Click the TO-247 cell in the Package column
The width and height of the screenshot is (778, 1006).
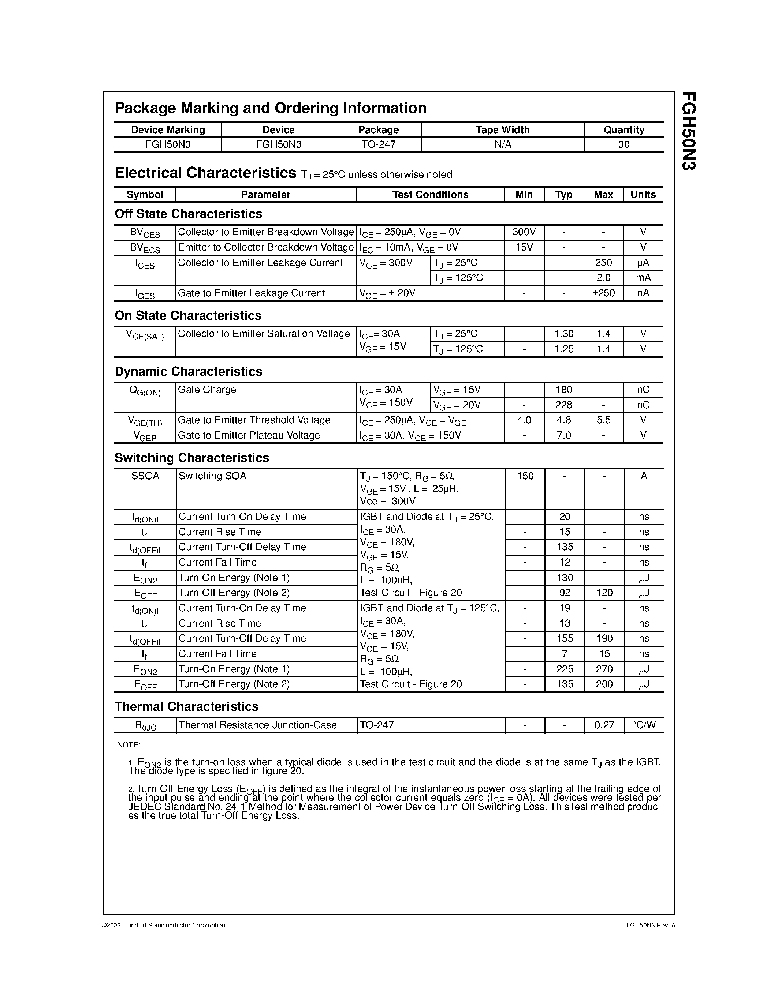pos(379,144)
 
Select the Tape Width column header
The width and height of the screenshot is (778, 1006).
pos(502,130)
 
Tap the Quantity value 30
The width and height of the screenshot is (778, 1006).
pos(623,144)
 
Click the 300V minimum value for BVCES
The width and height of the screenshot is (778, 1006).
pos(524,232)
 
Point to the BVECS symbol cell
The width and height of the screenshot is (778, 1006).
pos(145,248)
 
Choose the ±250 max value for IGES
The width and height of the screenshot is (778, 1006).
pos(603,293)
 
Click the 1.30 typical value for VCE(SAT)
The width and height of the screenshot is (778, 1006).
pos(564,334)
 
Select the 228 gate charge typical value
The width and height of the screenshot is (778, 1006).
pos(564,405)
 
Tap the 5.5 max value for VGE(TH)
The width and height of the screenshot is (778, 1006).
pos(603,420)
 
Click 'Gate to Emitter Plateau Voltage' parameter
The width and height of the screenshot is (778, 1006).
pos(249,435)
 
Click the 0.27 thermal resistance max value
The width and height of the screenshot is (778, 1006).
pos(604,725)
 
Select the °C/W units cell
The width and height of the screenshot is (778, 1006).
pos(643,725)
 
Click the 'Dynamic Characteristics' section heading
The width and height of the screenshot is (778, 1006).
pos(188,372)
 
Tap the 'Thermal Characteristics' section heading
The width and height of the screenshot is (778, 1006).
pos(186,707)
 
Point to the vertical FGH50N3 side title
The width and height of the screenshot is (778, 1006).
pos(689,131)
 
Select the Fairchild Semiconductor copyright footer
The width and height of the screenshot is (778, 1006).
pos(163,925)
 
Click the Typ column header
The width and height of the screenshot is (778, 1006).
pos(564,194)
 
